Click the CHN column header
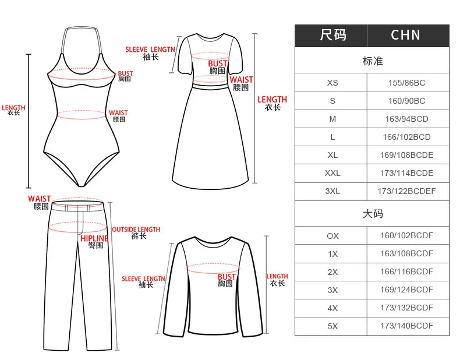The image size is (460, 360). (405, 35)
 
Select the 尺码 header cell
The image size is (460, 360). (333, 35)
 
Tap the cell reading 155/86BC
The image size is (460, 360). (406, 83)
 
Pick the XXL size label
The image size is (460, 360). (332, 173)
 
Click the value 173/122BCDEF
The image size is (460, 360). (406, 191)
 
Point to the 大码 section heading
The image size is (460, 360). (373, 214)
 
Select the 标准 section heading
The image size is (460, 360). (373, 61)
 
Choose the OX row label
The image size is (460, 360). (332, 236)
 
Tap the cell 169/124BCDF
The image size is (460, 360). (406, 290)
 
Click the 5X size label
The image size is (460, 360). (332, 326)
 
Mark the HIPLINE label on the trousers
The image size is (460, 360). (94, 238)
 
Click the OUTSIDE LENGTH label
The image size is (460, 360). (136, 230)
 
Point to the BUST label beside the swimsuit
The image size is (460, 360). (126, 73)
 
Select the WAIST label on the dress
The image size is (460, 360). (241, 79)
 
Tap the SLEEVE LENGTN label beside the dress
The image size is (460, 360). (150, 50)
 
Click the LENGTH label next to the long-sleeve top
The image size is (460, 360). (277, 276)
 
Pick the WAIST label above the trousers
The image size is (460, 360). (40, 199)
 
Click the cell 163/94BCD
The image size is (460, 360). (406, 119)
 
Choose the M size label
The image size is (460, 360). (332, 119)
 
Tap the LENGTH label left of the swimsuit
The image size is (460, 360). (13, 108)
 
